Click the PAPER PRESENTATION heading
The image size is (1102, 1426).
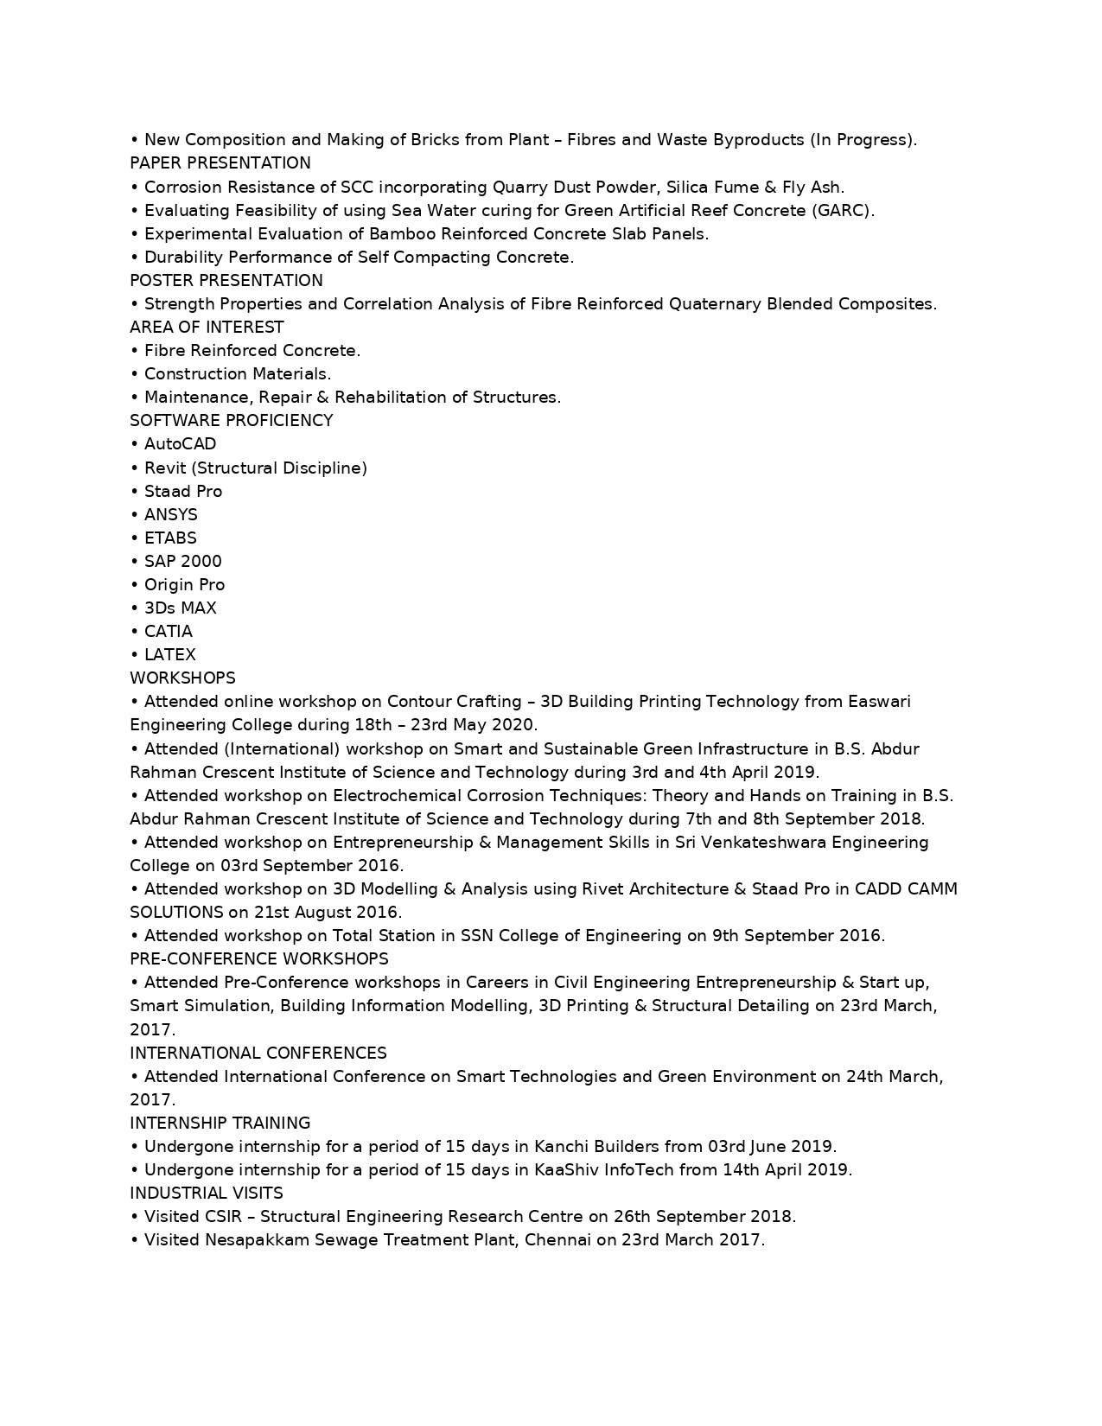(x=220, y=163)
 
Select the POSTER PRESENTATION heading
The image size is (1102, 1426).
(x=226, y=280)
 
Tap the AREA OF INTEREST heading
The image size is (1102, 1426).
(x=207, y=327)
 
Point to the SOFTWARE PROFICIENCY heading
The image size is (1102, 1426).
(x=231, y=420)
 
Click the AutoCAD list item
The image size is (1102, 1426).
(x=180, y=443)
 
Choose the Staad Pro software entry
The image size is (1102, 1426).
(x=182, y=491)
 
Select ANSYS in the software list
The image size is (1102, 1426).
(x=170, y=514)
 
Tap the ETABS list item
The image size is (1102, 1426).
(x=170, y=538)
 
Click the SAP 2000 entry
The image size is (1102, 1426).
(x=182, y=561)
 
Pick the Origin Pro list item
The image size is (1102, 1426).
(x=184, y=584)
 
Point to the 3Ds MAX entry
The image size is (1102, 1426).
(x=180, y=608)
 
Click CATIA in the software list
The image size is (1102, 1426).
(x=168, y=631)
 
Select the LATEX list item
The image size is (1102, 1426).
(x=169, y=654)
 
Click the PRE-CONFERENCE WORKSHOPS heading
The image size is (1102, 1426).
(x=258, y=958)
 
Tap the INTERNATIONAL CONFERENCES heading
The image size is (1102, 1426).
(x=258, y=1053)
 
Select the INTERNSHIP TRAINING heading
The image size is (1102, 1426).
(x=220, y=1123)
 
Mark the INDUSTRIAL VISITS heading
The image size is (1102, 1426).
(x=206, y=1193)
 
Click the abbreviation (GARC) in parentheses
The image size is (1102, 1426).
(x=843, y=210)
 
